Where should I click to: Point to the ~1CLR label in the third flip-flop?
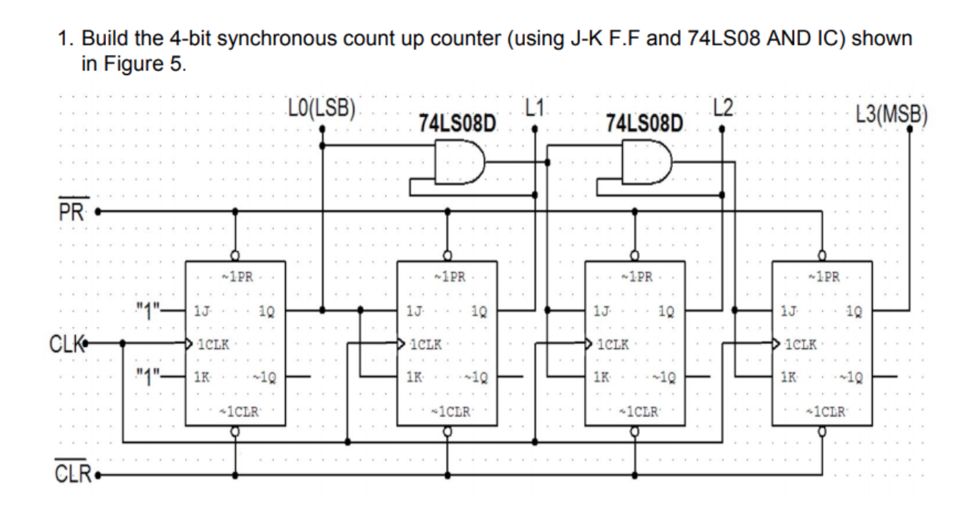pos(635,409)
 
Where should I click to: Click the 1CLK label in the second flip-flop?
pos(426,344)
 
